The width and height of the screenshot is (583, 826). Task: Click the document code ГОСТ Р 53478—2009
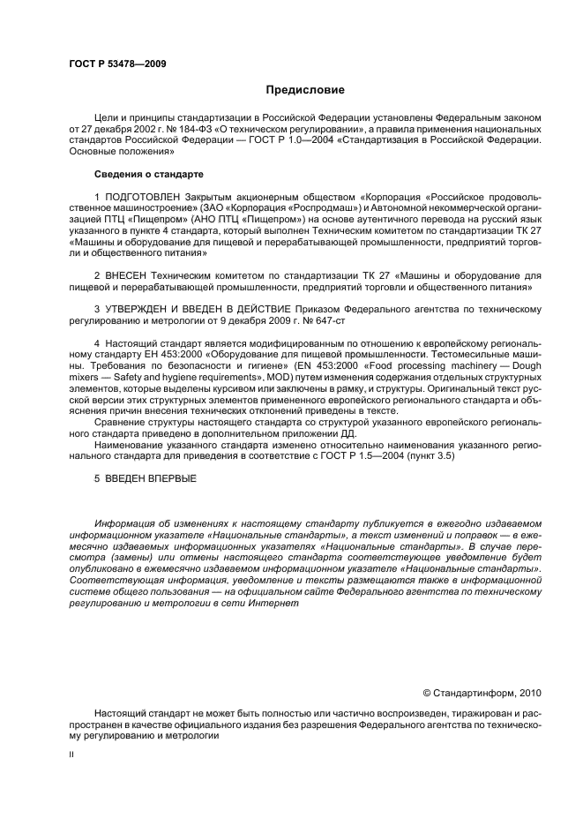click(x=117, y=64)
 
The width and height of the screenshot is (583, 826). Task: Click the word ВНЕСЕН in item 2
click(x=133, y=276)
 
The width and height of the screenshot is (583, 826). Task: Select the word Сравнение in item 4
click(x=124, y=423)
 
